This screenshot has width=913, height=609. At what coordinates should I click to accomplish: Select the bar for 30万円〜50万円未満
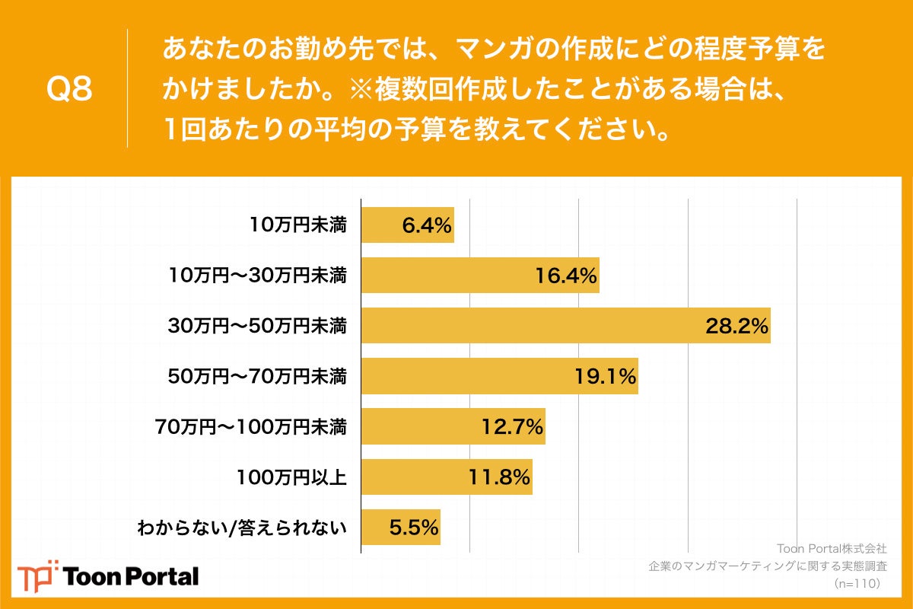565,326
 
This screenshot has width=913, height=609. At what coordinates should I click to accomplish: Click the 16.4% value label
565,276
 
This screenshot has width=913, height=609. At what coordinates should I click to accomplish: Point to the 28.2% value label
736,327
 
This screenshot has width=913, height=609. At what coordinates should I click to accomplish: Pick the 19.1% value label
604,377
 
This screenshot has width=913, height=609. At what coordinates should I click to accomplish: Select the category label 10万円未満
298,225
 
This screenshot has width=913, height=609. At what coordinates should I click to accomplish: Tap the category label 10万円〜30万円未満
257,276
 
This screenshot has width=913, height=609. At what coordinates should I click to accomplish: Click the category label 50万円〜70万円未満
257,377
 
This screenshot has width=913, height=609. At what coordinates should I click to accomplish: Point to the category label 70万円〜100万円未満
251,427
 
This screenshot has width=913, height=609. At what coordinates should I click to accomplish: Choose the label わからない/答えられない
241,528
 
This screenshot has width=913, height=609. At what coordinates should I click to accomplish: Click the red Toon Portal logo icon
37,576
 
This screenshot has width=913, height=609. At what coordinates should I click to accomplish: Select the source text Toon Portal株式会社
831,548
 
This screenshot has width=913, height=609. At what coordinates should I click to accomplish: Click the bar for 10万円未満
407,225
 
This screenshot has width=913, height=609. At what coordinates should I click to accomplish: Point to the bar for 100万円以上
446,477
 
